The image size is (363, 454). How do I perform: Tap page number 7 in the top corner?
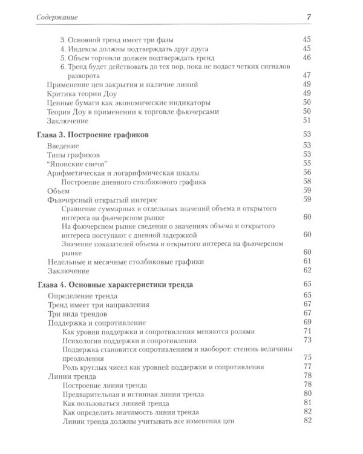point(309,16)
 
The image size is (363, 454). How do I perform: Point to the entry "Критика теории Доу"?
point(83,94)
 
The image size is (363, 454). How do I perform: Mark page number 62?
point(306,270)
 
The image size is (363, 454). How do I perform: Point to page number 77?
point(306,367)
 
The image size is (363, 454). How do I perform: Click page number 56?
point(306,172)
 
